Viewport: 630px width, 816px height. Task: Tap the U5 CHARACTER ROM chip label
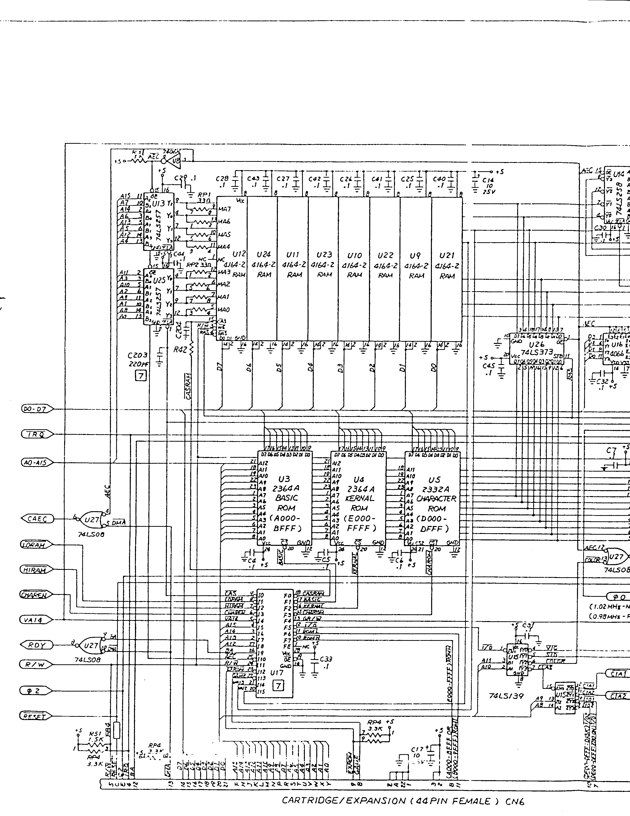434,480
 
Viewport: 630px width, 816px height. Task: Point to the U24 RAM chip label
263,255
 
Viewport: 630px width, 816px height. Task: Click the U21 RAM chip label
447,256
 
